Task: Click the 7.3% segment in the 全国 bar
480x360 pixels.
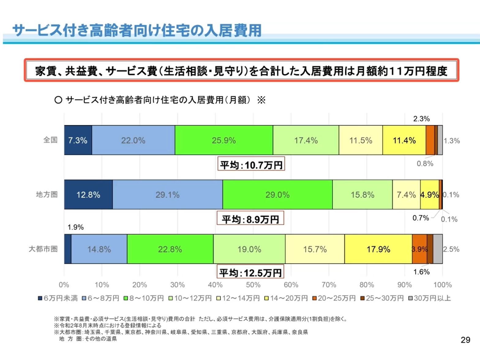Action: (x=78, y=140)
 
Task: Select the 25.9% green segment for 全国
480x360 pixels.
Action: (x=224, y=140)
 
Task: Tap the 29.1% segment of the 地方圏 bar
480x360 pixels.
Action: (x=167, y=195)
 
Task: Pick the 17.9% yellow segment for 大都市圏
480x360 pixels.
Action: (x=378, y=249)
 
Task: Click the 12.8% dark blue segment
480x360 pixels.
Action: (x=88, y=195)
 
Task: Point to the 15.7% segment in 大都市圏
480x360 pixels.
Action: (x=315, y=249)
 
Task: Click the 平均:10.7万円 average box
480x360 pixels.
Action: (x=251, y=165)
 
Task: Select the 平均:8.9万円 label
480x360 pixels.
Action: (x=250, y=219)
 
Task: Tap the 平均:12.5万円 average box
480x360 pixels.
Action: (x=250, y=272)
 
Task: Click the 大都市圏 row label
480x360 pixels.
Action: (x=43, y=249)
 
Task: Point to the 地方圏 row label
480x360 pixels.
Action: (x=47, y=194)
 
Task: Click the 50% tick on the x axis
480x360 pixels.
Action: (x=253, y=285)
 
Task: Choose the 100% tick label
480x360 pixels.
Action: (x=442, y=285)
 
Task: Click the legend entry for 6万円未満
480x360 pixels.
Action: (x=58, y=298)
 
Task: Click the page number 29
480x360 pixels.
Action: (x=465, y=340)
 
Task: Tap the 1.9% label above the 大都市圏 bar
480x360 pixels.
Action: (x=76, y=227)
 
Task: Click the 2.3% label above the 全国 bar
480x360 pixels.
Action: (x=422, y=119)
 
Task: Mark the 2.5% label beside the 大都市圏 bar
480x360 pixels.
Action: (x=451, y=249)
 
